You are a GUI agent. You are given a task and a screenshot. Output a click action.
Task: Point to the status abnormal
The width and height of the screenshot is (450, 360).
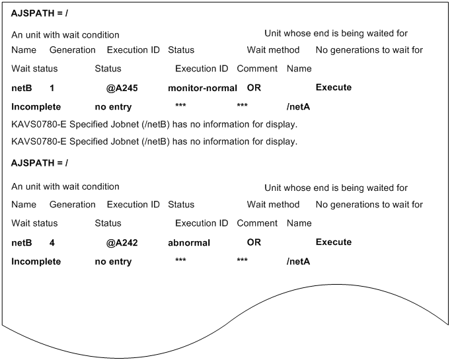(x=189, y=243)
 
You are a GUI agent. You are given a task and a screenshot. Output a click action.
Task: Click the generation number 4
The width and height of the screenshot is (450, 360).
(x=52, y=243)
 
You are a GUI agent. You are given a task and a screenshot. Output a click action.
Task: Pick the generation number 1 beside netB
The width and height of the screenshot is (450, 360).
(x=52, y=88)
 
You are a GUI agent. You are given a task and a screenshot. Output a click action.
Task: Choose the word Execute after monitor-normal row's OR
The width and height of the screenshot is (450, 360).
(x=334, y=88)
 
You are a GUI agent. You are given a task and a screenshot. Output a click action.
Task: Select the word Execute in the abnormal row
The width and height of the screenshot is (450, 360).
(x=334, y=243)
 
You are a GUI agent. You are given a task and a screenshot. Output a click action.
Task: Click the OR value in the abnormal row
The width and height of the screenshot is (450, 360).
(x=254, y=243)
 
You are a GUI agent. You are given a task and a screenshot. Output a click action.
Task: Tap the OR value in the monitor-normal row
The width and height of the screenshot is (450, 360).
(x=254, y=88)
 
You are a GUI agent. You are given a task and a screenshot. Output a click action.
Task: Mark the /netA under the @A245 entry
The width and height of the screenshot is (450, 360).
(x=299, y=106)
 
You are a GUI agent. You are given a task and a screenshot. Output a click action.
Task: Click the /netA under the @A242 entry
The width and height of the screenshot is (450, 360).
(x=299, y=262)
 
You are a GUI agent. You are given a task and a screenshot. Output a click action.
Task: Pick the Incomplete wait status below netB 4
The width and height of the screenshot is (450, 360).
(x=36, y=262)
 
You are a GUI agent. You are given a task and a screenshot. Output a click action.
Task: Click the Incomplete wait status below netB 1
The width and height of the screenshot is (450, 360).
(x=36, y=106)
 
